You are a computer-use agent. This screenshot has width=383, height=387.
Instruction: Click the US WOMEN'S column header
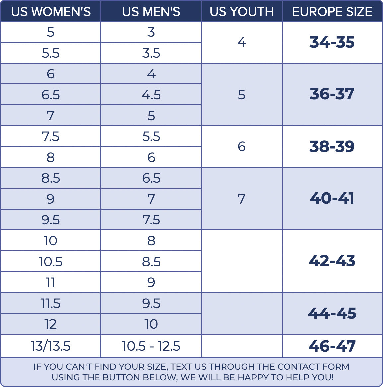point(51,12)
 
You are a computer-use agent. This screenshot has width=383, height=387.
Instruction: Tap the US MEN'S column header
point(151,12)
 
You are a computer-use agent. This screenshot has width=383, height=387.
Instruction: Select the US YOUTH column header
point(242,12)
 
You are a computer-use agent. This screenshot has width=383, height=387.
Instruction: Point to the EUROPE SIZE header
point(332,12)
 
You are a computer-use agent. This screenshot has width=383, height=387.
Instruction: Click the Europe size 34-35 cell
point(332,42)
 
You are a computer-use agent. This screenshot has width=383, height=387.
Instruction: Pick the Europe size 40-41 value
point(332,198)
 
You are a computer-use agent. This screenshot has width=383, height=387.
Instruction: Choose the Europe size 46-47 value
point(332,346)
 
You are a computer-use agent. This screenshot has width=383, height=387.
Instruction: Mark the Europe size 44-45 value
point(332,313)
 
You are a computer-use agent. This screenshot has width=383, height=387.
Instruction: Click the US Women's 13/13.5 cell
point(51,346)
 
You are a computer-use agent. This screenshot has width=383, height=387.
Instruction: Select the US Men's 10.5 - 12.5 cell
point(151,346)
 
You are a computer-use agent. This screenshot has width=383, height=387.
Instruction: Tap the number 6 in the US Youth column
point(242,146)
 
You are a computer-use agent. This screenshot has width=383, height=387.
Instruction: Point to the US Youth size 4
point(242,42)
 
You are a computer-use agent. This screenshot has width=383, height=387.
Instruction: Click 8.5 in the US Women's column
point(51,178)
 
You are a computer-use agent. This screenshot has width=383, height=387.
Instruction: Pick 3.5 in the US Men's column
point(151,53)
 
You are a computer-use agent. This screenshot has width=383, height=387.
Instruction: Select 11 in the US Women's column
point(51,282)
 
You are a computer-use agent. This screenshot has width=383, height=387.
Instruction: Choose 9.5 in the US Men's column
point(151,303)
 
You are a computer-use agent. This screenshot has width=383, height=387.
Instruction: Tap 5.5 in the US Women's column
point(51,53)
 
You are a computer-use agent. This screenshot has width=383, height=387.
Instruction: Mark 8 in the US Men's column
point(151,241)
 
